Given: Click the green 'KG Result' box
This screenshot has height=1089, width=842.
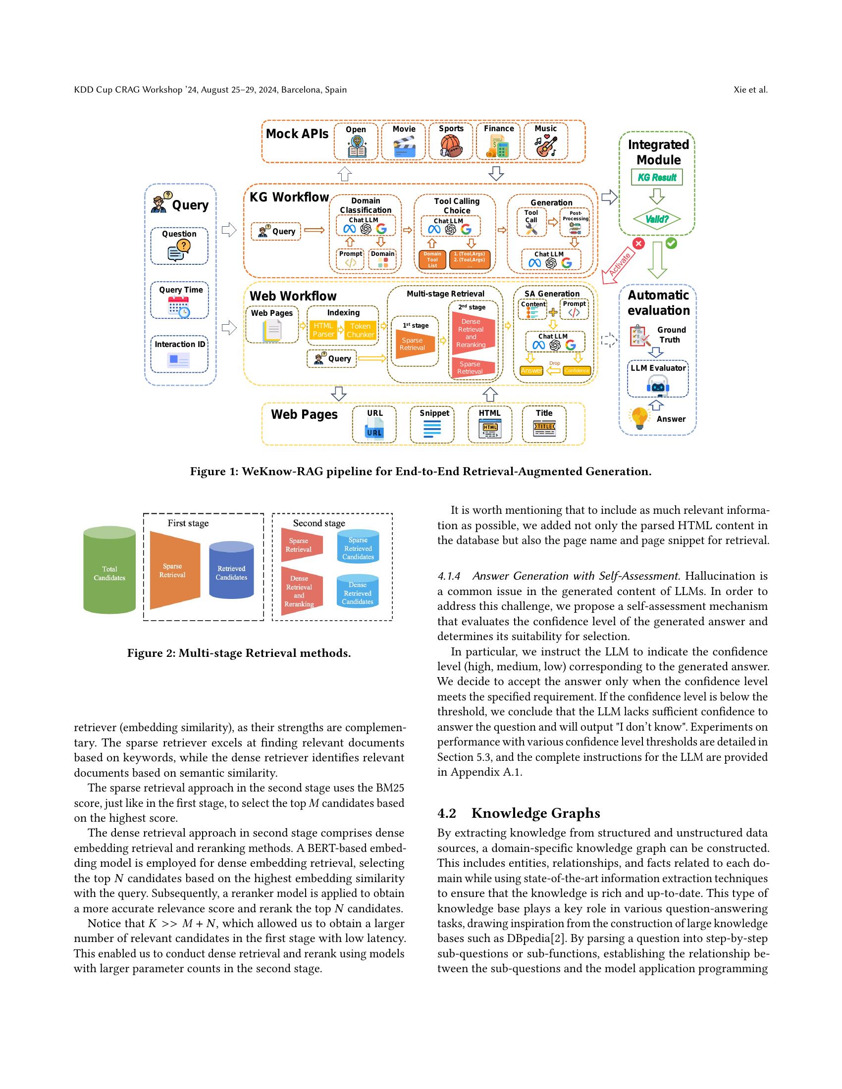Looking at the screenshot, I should coord(657,177).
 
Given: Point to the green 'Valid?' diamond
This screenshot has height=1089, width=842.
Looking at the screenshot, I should coord(657,219).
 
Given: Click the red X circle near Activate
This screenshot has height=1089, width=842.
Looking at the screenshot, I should coord(638,244).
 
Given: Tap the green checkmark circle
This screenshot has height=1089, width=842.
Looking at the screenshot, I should coord(672,243).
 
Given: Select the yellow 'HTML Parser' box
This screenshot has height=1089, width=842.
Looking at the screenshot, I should coord(323,330).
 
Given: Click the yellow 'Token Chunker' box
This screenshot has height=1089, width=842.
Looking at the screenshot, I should coord(360,330).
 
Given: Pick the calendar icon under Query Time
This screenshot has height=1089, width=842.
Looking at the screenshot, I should coord(179,307).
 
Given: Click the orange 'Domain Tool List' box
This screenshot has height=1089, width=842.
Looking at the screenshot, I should coord(432,260).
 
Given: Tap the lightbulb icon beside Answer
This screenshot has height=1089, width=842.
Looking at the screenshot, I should coord(639,418).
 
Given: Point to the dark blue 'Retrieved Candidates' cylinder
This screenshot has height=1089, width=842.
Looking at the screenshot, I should coord(231,572).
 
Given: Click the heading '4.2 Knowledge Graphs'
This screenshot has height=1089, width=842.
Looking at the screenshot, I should coord(518,813).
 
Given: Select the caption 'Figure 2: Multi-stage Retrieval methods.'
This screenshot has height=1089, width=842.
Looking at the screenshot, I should coord(239,653).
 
